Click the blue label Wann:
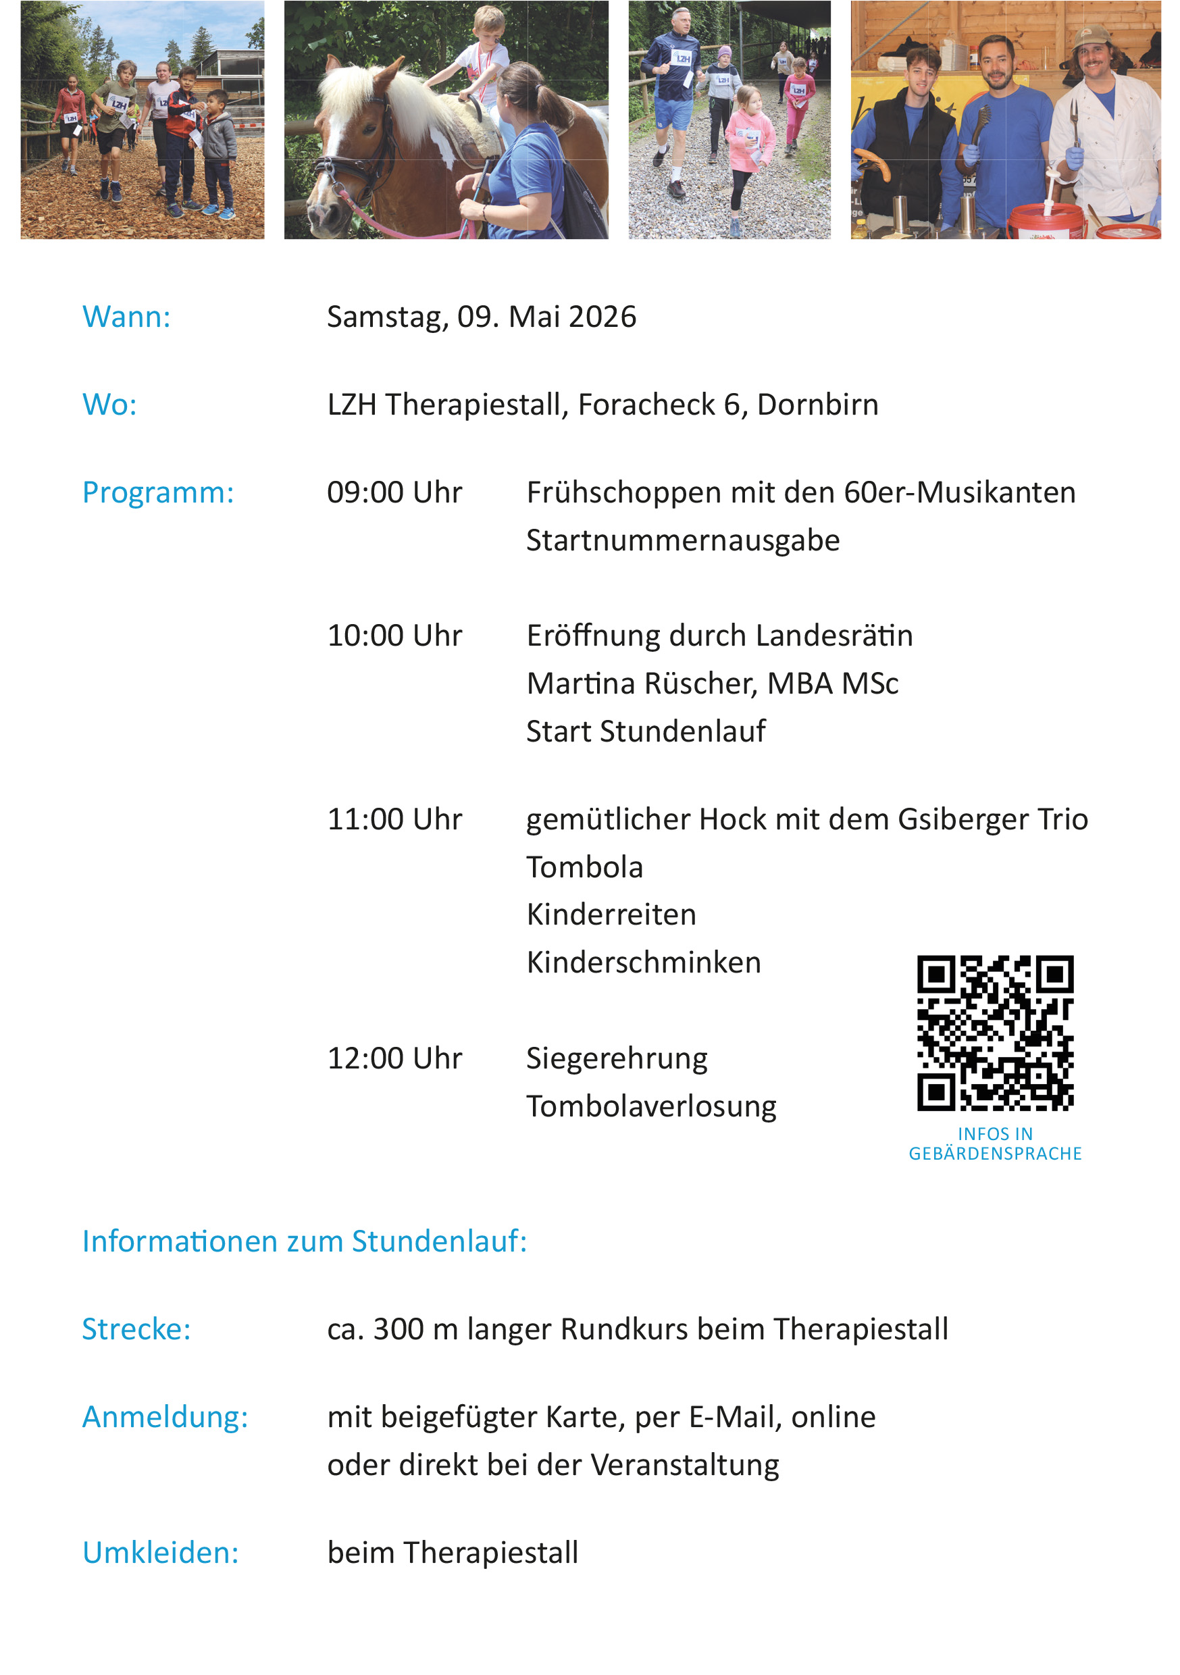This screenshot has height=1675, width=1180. point(126,317)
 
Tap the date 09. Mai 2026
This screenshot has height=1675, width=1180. point(546,317)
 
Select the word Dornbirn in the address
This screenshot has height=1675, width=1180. point(817,405)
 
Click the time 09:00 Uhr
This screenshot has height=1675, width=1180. point(394,492)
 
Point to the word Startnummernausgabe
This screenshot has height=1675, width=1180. point(682,540)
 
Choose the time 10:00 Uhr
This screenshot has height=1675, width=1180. point(394,636)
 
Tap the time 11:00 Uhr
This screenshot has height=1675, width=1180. point(394,819)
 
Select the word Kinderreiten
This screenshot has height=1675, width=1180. point(611,914)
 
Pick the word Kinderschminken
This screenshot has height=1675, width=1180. point(643,963)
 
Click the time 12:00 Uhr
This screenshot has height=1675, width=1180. point(394,1058)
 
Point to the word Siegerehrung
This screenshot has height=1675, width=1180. point(617,1058)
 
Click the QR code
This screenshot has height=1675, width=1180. point(995,1033)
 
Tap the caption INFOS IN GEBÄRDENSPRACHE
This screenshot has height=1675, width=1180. point(995,1144)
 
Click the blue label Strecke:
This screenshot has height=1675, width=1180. point(136,1329)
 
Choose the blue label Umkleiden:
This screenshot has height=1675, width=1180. point(161,1553)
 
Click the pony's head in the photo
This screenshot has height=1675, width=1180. point(351,161)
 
